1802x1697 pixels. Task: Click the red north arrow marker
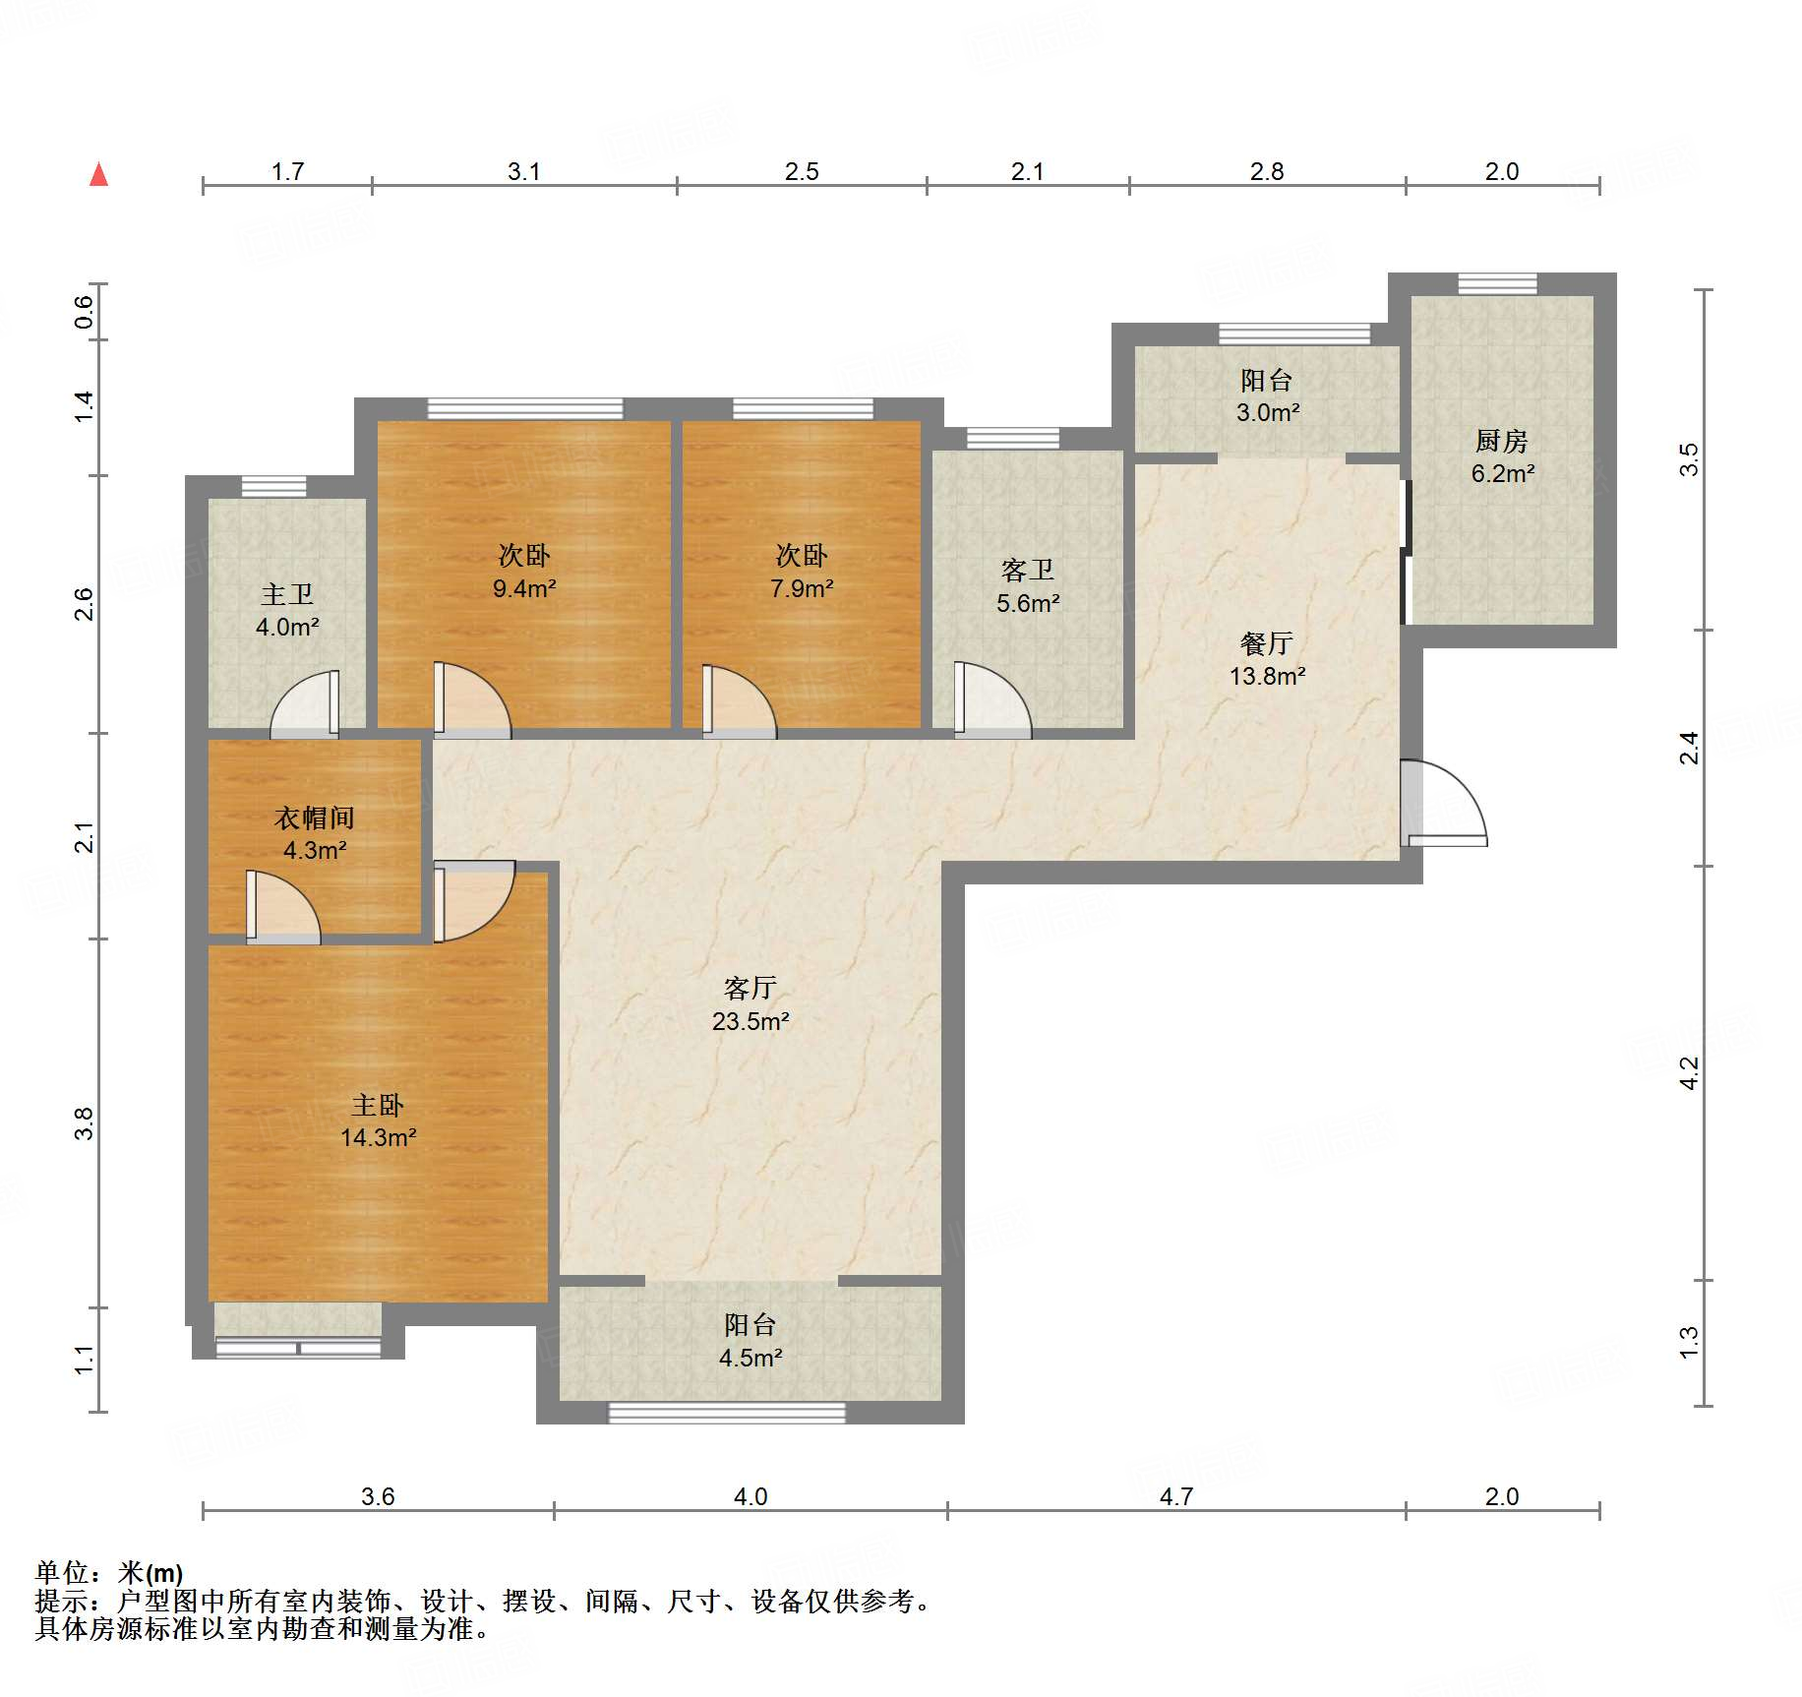click(98, 174)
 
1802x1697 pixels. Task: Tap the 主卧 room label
click(378, 1105)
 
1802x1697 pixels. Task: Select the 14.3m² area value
click(378, 1137)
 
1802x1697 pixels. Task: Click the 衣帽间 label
click(314, 818)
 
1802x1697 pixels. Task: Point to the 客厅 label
click(751, 988)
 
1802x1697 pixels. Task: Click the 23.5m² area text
click(751, 1021)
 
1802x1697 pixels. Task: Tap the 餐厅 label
click(1267, 643)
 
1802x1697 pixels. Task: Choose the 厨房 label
click(1502, 441)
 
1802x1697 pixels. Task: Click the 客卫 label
click(1028, 571)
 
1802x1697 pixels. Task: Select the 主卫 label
click(287, 594)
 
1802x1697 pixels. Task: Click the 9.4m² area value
click(524, 588)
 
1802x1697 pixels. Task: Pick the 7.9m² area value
click(802, 588)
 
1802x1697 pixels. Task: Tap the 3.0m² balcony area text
click(1268, 412)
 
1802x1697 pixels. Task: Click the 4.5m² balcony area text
click(751, 1358)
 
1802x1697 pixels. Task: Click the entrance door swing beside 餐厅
click(1444, 803)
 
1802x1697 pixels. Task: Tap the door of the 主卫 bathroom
click(305, 702)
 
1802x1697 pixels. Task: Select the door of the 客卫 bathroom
click(992, 699)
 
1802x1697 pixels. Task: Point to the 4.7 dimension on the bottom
click(1176, 1496)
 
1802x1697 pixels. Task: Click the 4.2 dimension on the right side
click(1689, 1072)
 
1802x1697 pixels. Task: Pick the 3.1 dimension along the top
click(524, 171)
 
